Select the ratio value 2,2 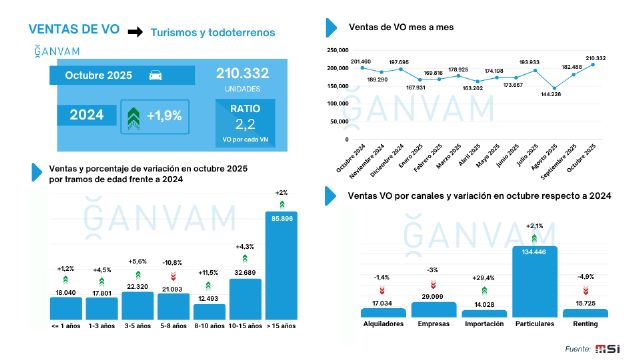(x=246, y=123)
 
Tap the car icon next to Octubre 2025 (x=158, y=75)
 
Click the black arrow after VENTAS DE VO (x=134, y=33)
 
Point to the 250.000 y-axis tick (x=336, y=48)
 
